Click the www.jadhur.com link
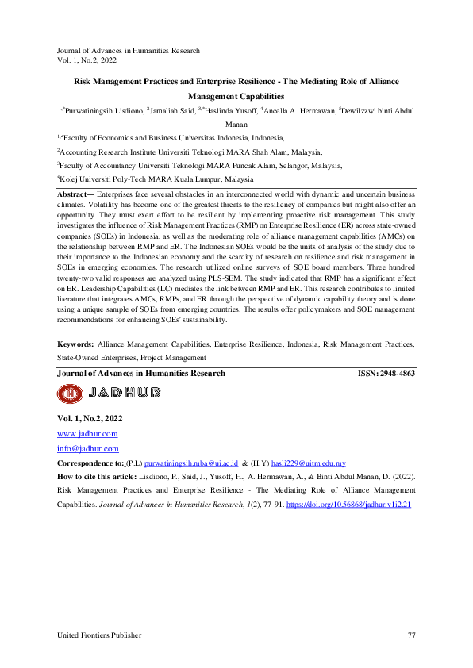pyautogui.click(x=87, y=434)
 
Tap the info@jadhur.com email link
pyautogui.click(x=87, y=448)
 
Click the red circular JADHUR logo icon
pyautogui.click(x=69, y=393)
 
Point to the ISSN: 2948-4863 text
pyautogui.click(x=386, y=373)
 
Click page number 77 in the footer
pyautogui.click(x=411, y=635)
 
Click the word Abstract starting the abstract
pyautogui.click(x=74, y=194)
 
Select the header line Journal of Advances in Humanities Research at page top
pyautogui.click(x=128, y=51)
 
